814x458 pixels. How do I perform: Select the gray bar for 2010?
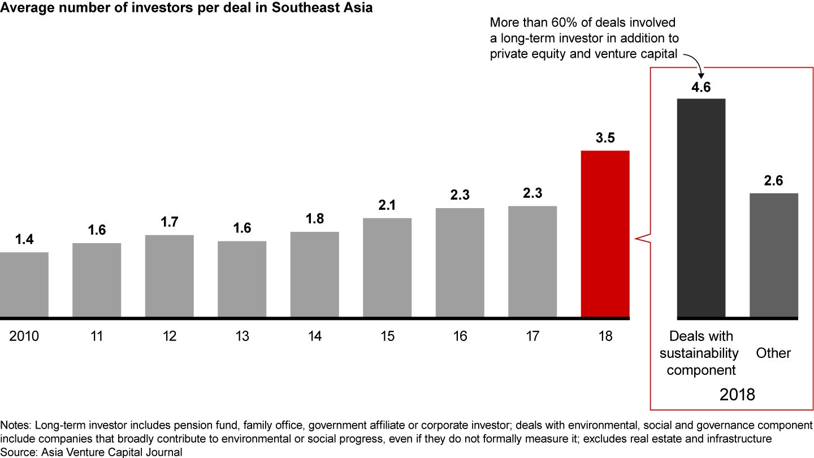(24, 284)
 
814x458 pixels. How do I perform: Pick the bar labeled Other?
(773, 255)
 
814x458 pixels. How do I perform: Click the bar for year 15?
(387, 267)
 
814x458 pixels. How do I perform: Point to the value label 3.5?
(605, 138)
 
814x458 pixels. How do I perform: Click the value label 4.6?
(701, 87)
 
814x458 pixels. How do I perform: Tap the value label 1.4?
(24, 239)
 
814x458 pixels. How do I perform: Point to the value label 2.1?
(387, 206)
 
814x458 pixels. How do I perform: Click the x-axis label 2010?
(24, 337)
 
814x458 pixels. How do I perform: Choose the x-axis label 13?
(242, 337)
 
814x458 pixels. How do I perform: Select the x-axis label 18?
(605, 337)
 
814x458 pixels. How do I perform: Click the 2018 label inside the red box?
(737, 394)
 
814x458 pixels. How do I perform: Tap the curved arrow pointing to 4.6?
(694, 63)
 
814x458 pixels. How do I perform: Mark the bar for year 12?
(170, 275)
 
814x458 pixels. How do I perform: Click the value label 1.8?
(315, 219)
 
